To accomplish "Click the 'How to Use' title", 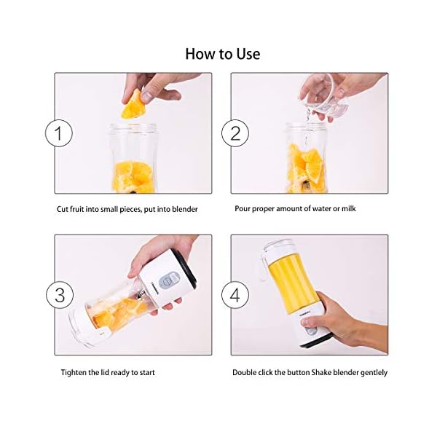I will [222, 54].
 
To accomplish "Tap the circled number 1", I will [58, 134].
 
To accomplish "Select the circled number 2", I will [235, 134].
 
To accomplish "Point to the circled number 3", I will [58, 295].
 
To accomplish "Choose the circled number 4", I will [235, 295].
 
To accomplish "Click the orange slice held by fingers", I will [133, 106].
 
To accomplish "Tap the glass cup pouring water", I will [324, 97].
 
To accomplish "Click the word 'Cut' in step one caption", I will [63, 209].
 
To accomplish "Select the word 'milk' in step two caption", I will [347, 209].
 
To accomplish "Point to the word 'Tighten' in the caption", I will [74, 372].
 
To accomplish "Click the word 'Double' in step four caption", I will [245, 372].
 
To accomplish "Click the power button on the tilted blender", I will [172, 278].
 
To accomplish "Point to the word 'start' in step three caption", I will [146, 372].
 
